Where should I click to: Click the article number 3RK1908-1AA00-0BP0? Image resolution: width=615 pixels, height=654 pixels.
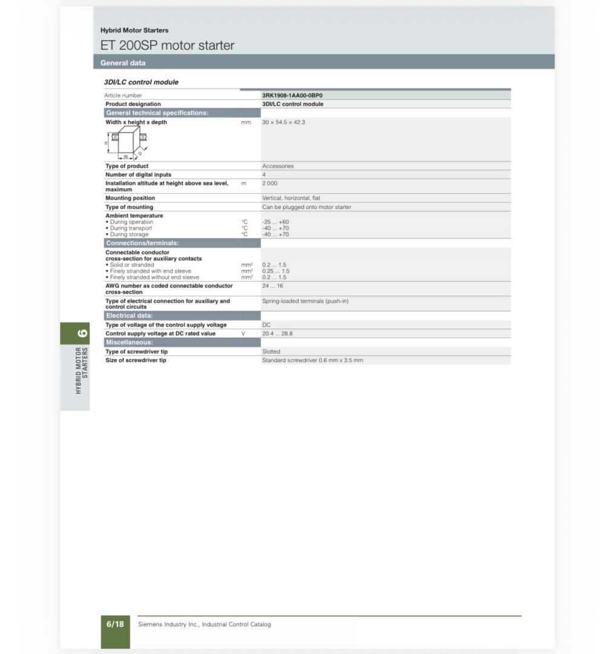pyautogui.click(x=292, y=95)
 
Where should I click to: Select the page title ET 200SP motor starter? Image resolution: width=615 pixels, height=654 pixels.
pyautogui.click(x=167, y=45)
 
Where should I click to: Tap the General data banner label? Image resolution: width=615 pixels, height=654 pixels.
pyautogui.click(x=123, y=63)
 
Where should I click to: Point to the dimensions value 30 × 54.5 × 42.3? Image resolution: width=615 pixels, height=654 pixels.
pyautogui.click(x=283, y=122)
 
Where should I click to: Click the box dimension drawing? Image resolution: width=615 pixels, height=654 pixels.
pyautogui.click(x=126, y=143)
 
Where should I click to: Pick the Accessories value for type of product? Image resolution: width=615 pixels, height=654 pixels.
pyautogui.click(x=278, y=166)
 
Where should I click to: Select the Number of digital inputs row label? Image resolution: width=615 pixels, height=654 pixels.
pyautogui.click(x=138, y=174)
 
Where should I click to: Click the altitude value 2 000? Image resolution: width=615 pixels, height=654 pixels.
pyautogui.click(x=269, y=183)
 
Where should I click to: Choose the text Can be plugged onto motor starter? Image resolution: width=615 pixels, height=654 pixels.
pyautogui.click(x=306, y=207)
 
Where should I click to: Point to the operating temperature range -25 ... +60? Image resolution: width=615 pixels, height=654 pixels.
pyautogui.click(x=275, y=222)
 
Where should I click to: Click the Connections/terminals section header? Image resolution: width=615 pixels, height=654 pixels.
pyautogui.click(x=142, y=243)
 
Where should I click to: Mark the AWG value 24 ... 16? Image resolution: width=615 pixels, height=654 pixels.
pyautogui.click(x=272, y=286)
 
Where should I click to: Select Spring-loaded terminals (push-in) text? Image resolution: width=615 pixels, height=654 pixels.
pyautogui.click(x=305, y=301)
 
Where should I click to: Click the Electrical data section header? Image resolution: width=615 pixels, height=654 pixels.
pyautogui.click(x=130, y=315)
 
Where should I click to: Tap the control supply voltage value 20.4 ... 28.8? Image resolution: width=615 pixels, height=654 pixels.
pyautogui.click(x=277, y=334)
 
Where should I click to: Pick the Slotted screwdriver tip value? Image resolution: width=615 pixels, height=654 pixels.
pyautogui.click(x=271, y=351)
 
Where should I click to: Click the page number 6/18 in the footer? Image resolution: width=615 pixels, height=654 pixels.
pyautogui.click(x=115, y=624)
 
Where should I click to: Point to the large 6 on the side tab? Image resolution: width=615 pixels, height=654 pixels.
pyautogui.click(x=82, y=332)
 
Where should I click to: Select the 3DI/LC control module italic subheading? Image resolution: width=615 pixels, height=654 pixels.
pyautogui.click(x=141, y=82)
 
